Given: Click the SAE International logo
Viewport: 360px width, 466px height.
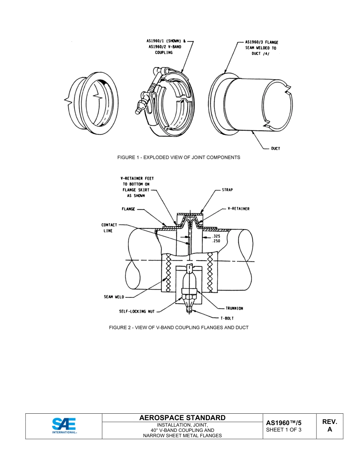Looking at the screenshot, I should click(64, 426).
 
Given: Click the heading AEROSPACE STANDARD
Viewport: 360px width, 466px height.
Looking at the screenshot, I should click(182, 418).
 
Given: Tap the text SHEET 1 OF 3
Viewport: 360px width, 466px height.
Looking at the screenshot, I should click(284, 430).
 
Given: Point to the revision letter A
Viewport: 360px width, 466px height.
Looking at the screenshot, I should click(329, 430).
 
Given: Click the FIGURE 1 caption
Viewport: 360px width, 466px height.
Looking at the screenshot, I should click(178, 157).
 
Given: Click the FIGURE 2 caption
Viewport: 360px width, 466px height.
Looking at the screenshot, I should click(178, 327).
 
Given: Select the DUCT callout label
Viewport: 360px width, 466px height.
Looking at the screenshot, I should click(275, 149).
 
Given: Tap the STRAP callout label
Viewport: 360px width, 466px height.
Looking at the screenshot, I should click(227, 190).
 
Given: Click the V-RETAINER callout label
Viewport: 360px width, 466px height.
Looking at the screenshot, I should click(238, 209).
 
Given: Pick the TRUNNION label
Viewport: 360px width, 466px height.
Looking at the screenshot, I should click(235, 308).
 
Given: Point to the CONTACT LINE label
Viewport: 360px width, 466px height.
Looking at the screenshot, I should click(109, 228).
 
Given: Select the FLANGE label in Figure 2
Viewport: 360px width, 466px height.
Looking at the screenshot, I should click(128, 209).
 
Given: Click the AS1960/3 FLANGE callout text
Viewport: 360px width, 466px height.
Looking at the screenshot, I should click(261, 42).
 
